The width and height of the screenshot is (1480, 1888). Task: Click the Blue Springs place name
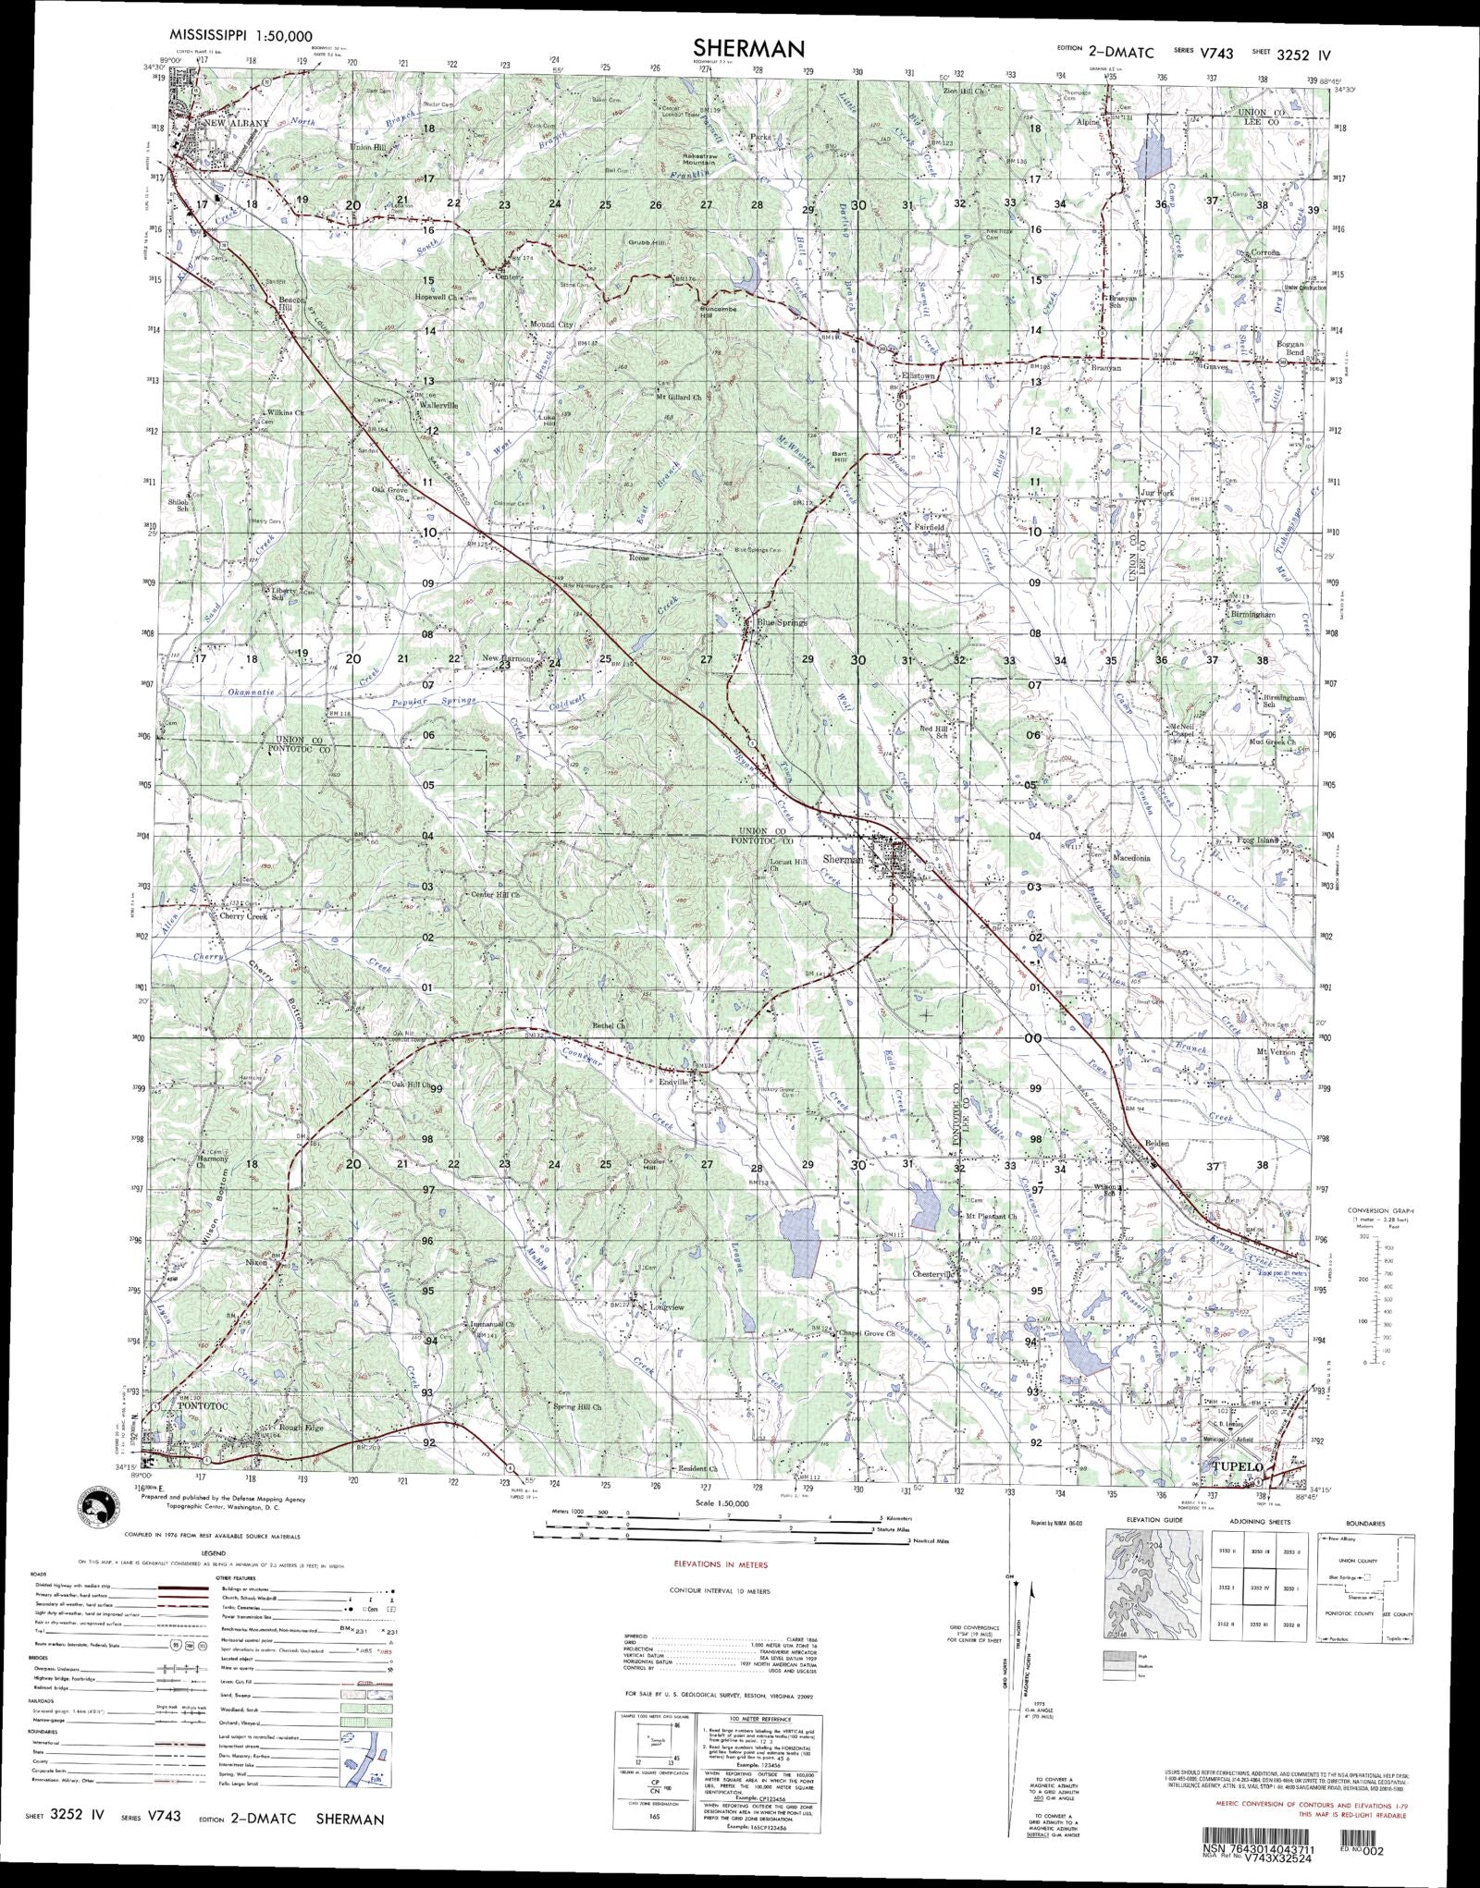pos(783,622)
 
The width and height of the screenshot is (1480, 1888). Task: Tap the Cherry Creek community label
pos(243,916)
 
